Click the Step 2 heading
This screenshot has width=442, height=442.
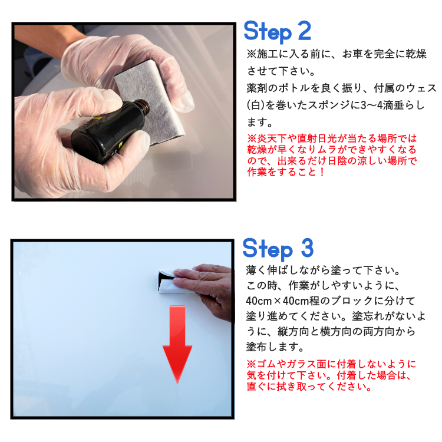(278, 32)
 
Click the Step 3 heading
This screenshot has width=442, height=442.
(278, 249)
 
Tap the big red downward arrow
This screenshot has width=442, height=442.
(177, 345)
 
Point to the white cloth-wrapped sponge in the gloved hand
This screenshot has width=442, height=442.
(150, 101)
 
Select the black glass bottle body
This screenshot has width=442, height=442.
(107, 133)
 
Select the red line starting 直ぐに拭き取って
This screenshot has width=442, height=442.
(309, 387)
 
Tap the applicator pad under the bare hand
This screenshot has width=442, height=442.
(169, 282)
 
